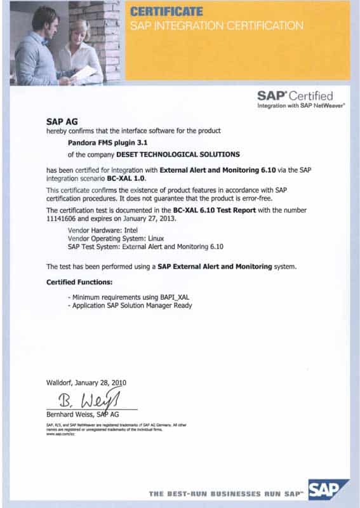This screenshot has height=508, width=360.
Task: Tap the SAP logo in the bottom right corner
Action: pyautogui.click(x=328, y=490)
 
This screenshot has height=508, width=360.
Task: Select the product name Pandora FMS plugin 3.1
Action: pyautogui.click(x=95, y=143)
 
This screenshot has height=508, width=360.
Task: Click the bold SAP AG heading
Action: pyautogui.click(x=59, y=120)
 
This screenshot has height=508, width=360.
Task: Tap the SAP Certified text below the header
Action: pyautogui.click(x=295, y=96)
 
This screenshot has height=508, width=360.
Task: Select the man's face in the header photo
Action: pyautogui.click(x=46, y=20)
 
